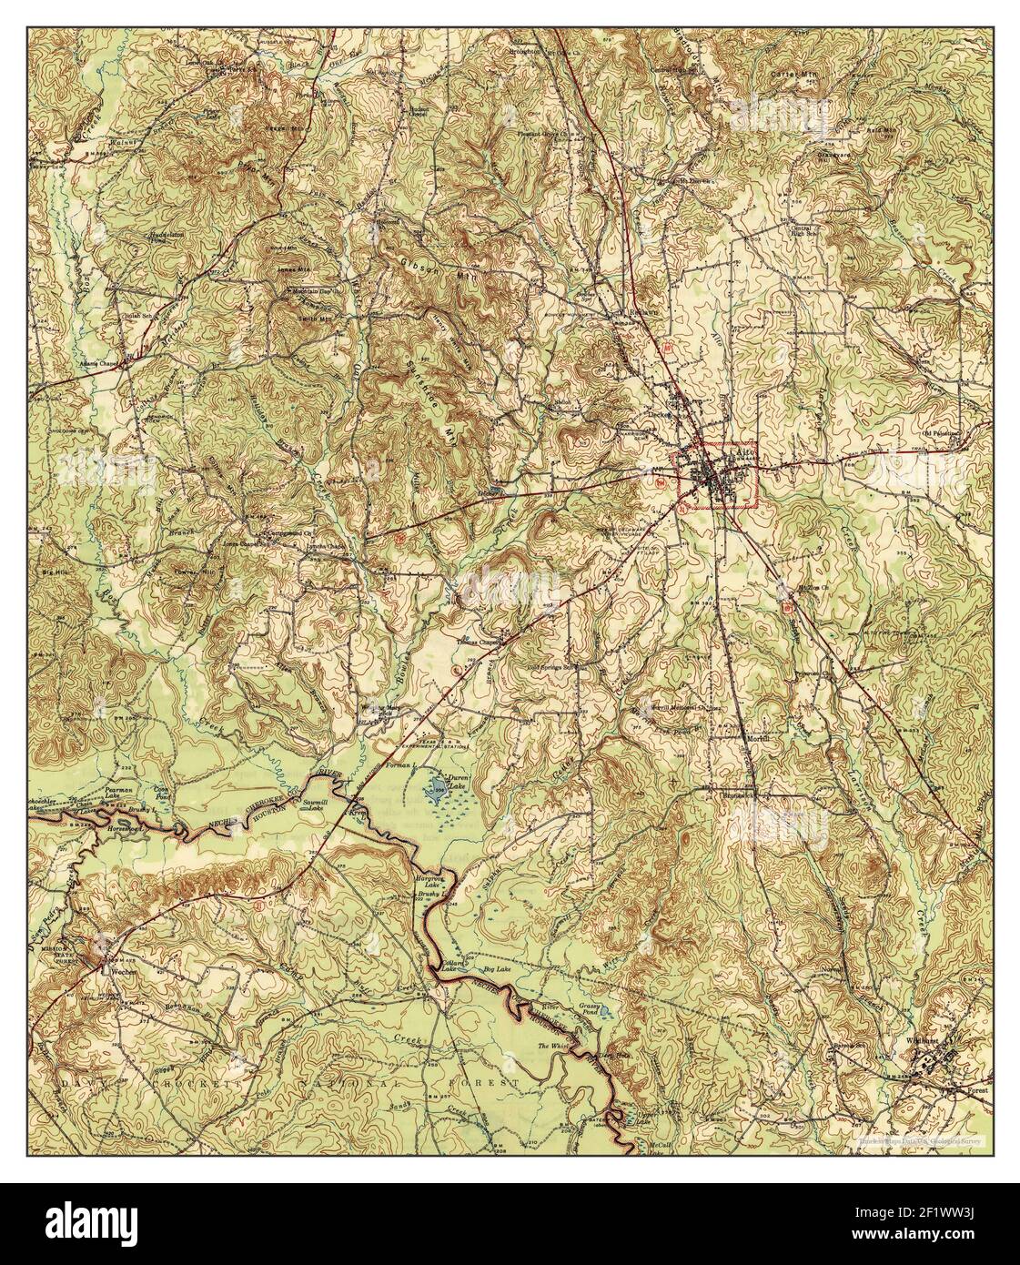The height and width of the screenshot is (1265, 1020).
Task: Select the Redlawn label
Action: point(637,311)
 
